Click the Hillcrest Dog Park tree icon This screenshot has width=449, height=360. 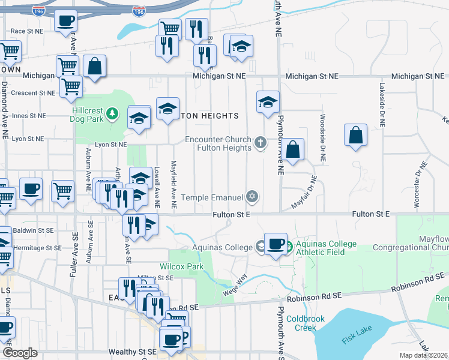pos(111,113)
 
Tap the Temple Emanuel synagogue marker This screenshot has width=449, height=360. pos(253,197)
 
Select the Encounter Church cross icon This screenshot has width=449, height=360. pos(260,143)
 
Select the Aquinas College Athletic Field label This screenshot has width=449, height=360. pos(324,248)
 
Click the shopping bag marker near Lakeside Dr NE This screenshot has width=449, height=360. pos(356,135)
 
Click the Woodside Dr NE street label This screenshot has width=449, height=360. pos(323,139)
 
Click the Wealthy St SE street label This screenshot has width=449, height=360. pos(132,352)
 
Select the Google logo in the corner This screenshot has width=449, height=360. pos(20,353)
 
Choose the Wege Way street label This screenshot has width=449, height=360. pos(235,284)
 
